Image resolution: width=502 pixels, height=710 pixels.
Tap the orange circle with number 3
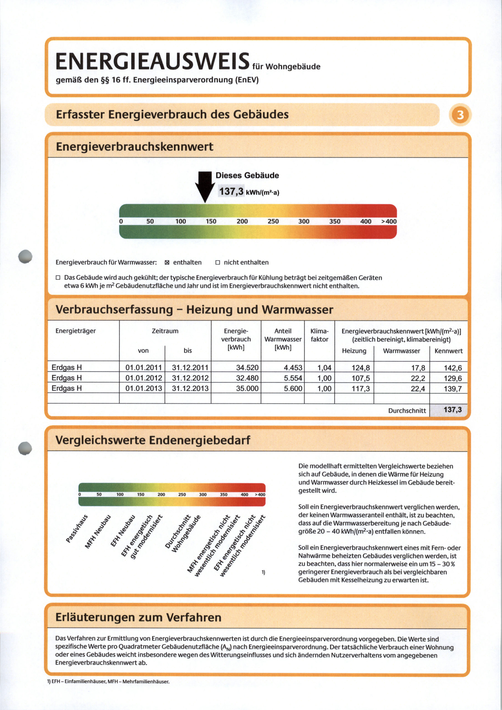[x=460, y=115]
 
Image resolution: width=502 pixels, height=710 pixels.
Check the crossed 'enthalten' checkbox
[x=167, y=263]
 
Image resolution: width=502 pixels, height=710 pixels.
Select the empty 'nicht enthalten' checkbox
[x=217, y=263]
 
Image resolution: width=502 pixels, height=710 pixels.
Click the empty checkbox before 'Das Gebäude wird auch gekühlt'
[x=58, y=278]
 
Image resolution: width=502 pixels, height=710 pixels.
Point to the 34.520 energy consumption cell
[x=247, y=368]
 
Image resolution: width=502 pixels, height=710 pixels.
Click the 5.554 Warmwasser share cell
[x=293, y=378]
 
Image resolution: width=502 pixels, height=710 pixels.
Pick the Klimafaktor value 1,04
[x=324, y=368]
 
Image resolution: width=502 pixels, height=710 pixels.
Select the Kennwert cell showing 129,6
[x=453, y=378]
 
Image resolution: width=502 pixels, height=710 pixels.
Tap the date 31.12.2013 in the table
[x=190, y=388]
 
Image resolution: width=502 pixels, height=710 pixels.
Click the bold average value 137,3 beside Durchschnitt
[x=453, y=410]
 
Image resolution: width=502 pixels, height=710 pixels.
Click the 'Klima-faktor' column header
[x=319, y=335]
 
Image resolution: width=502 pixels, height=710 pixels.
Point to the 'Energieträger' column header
[x=75, y=331]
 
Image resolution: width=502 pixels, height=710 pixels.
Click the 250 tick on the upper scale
[x=273, y=221]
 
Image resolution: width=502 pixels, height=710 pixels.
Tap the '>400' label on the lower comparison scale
[x=260, y=495]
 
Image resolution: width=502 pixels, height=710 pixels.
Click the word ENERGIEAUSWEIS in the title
[x=153, y=61]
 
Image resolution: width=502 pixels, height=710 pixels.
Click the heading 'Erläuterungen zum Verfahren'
[x=138, y=617]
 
